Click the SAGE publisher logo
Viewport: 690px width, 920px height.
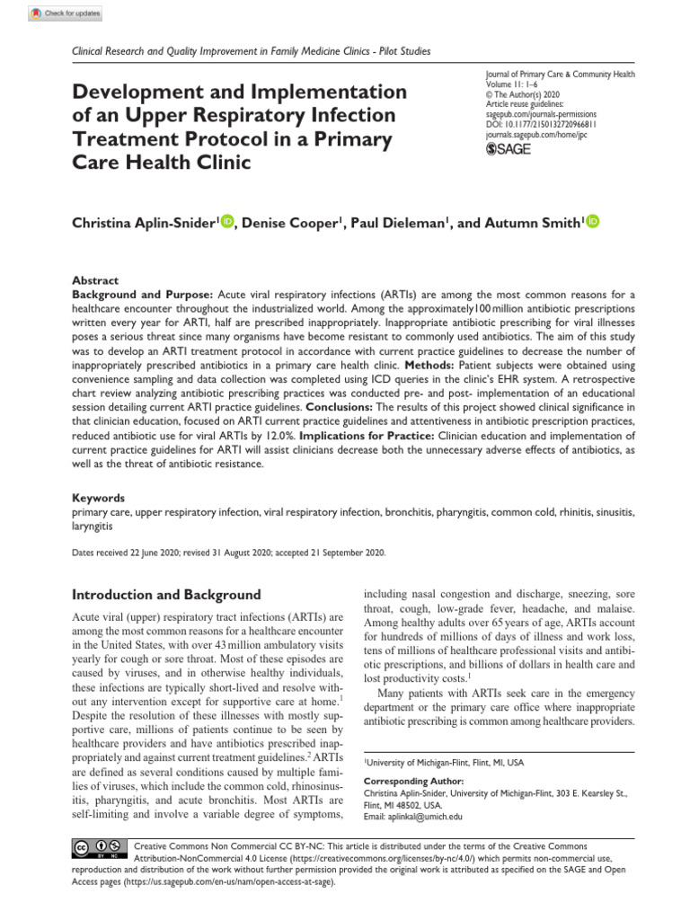[508, 149]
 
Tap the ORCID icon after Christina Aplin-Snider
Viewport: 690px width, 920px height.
[226, 222]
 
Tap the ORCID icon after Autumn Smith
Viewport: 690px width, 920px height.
[593, 222]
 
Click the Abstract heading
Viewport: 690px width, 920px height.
[95, 280]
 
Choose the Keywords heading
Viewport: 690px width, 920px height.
[99, 497]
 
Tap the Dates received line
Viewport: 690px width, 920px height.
[229, 553]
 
